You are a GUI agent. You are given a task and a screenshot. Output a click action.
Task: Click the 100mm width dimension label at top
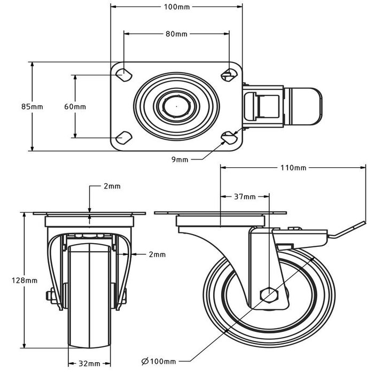pyautogui.click(x=176, y=7)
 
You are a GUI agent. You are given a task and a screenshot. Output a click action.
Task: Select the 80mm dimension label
pyautogui.click(x=176, y=34)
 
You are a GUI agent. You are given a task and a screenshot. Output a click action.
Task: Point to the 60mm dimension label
pyautogui.click(x=75, y=106)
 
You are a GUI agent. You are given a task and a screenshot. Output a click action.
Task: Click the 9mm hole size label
pyautogui.click(x=180, y=159)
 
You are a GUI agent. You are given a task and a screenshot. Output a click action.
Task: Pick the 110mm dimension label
pyautogui.click(x=293, y=168)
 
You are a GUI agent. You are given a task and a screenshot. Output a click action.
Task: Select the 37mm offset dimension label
pyautogui.click(x=245, y=197)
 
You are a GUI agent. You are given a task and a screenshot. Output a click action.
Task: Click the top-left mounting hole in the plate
pyautogui.click(x=124, y=74)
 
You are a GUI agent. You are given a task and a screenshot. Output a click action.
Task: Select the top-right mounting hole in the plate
pyautogui.click(x=229, y=74)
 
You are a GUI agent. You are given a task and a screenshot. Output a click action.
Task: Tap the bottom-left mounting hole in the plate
pyautogui.click(x=124, y=137)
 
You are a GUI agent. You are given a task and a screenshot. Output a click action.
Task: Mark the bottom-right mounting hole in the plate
pyautogui.click(x=229, y=137)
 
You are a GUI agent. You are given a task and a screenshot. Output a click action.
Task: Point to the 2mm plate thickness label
pyautogui.click(x=112, y=186)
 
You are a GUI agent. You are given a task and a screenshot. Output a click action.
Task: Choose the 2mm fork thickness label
pyautogui.click(x=157, y=255)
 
